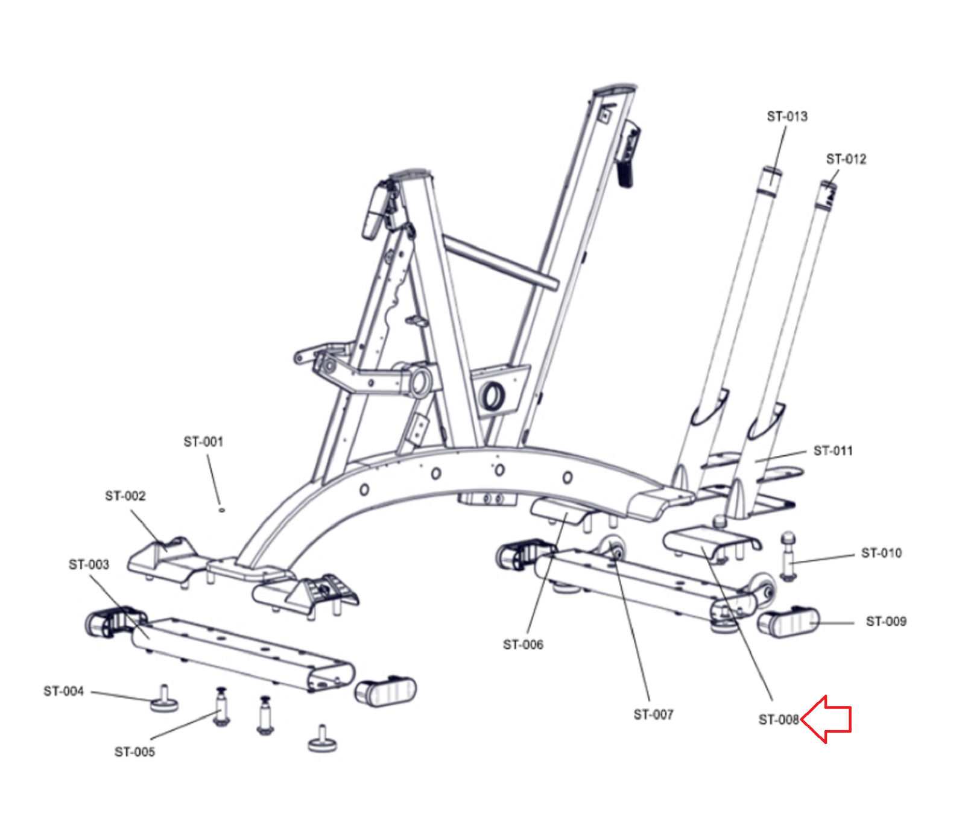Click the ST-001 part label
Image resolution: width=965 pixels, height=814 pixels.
203,442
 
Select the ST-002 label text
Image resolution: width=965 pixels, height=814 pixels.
125,496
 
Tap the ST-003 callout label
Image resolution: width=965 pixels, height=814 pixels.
89,565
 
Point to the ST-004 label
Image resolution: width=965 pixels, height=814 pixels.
63,692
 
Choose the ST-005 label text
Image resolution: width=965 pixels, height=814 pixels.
134,752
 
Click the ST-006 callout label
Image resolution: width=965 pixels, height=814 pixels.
523,645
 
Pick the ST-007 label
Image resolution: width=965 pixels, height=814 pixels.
653,715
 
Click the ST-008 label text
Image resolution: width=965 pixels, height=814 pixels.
778,720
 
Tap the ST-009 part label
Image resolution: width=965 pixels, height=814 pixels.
886,622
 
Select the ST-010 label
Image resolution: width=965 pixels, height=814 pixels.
881,554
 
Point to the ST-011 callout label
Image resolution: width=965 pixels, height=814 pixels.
833,451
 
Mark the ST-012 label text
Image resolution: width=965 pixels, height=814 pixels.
846,159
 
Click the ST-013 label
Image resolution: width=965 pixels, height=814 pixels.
787,116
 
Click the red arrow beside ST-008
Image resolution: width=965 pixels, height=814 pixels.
827,719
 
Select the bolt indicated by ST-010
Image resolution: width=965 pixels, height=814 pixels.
788,556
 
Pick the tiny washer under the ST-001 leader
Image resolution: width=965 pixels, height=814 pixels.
221,510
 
